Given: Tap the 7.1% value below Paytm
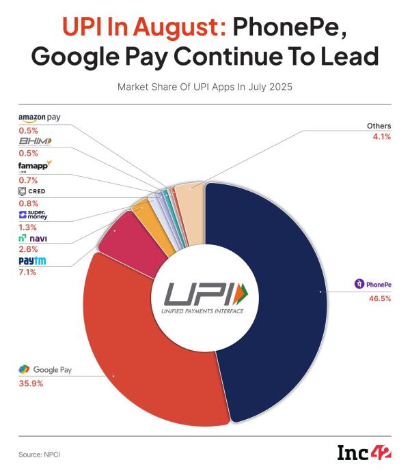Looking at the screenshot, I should (27, 272).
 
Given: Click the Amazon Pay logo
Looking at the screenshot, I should (39, 118).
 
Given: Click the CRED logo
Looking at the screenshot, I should (32, 191).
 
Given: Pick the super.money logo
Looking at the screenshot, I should (33, 215).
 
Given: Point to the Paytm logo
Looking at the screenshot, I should (33, 261).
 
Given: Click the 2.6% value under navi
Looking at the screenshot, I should (28, 249).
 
